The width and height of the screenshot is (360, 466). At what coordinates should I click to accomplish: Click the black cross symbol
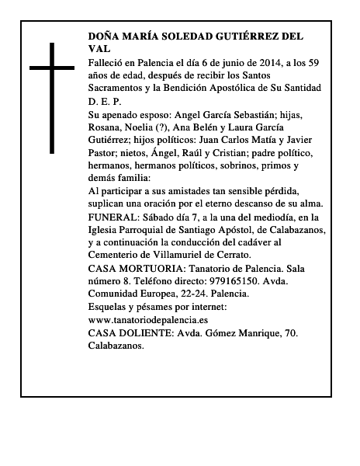point(52,98)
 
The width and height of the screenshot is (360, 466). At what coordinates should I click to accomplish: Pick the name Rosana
point(108,127)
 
